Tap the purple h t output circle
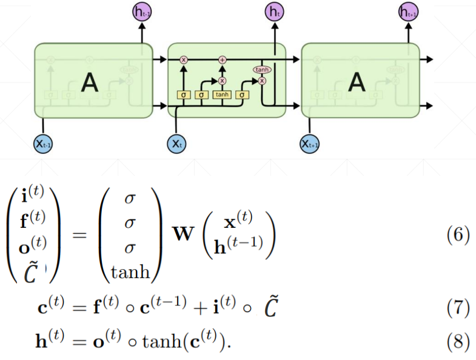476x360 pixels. pyautogui.click(x=275, y=10)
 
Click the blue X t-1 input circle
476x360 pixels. pyautogui.click(x=42, y=143)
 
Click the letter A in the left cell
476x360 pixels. pyautogui.click(x=89, y=82)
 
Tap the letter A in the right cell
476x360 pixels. pyautogui.click(x=357, y=82)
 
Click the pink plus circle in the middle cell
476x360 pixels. pyautogui.click(x=222, y=59)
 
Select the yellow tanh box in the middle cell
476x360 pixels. pyautogui.click(x=222, y=95)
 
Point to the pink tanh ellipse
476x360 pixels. pyautogui.click(x=262, y=70)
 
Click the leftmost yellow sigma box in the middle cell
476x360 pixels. pyautogui.click(x=184, y=95)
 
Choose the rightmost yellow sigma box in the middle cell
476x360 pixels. pyautogui.click(x=242, y=95)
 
